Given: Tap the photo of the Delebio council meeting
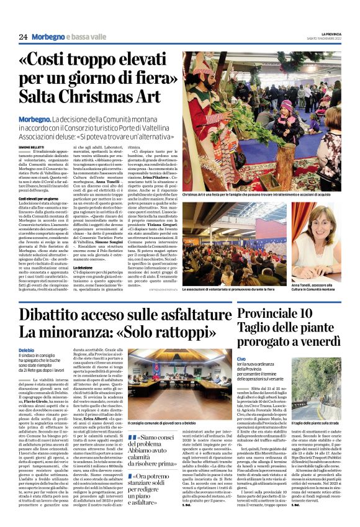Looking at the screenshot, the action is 179,382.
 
